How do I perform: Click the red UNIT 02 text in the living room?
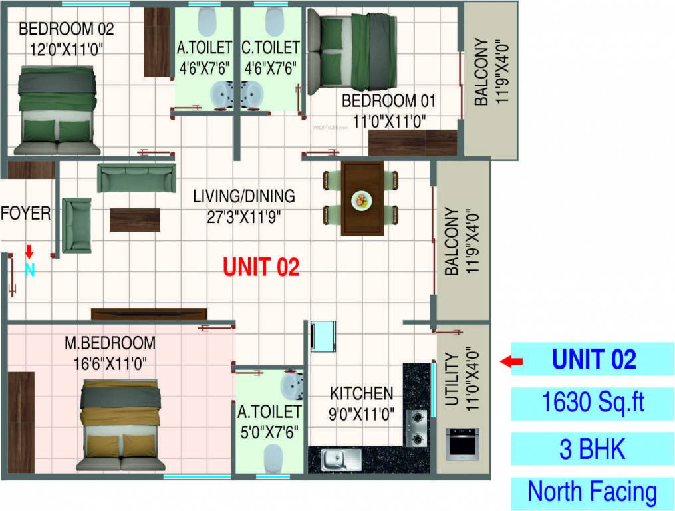pyautogui.click(x=261, y=267)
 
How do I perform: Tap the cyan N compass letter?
pyautogui.click(x=29, y=270)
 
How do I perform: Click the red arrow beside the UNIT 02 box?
pyautogui.click(x=511, y=361)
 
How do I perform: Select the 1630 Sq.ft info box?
pyautogui.click(x=593, y=403)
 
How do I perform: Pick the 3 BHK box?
pyautogui.click(x=593, y=449)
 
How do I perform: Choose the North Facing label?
pyautogui.click(x=593, y=492)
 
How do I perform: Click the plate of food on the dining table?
pyautogui.click(x=362, y=200)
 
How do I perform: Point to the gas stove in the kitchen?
pyautogui.click(x=417, y=428)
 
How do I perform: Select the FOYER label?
pyautogui.click(x=26, y=214)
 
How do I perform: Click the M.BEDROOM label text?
pyautogui.click(x=110, y=343)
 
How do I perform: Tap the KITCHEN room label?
pyautogui.click(x=362, y=393)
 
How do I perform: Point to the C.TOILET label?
pyautogui.click(x=271, y=48)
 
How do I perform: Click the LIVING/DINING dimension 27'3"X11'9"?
pyautogui.click(x=243, y=216)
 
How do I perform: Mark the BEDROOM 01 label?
pyautogui.click(x=388, y=102)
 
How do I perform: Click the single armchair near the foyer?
pyautogui.click(x=76, y=225)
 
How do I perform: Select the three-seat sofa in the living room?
pyautogui.click(x=136, y=178)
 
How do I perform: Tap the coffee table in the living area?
pyautogui.click(x=135, y=220)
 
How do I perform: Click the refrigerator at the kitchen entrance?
pyautogui.click(x=323, y=336)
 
